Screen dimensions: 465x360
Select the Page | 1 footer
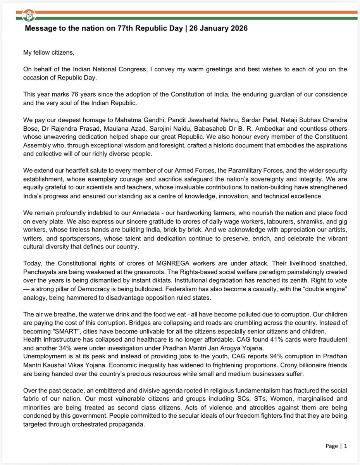336,446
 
